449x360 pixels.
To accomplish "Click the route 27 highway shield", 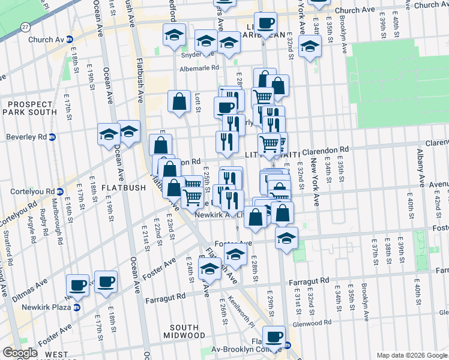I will pos(25,27).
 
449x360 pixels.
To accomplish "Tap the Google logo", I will pos(20,353).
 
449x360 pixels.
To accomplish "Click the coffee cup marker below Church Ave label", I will pos(265,25).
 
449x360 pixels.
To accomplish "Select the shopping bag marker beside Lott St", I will pos(179,101).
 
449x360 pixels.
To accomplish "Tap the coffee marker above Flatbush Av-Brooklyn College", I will pos(274,337).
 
